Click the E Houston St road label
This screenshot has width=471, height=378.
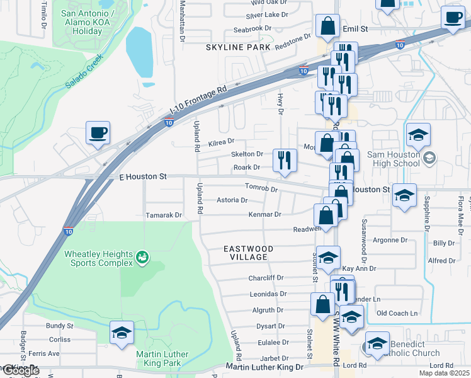click(x=142, y=178)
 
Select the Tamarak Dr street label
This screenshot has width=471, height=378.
click(x=163, y=215)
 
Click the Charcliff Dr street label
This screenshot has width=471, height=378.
click(x=267, y=277)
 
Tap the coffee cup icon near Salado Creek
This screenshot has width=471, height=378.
click(x=99, y=133)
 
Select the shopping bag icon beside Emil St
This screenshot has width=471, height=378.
click(x=328, y=26)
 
